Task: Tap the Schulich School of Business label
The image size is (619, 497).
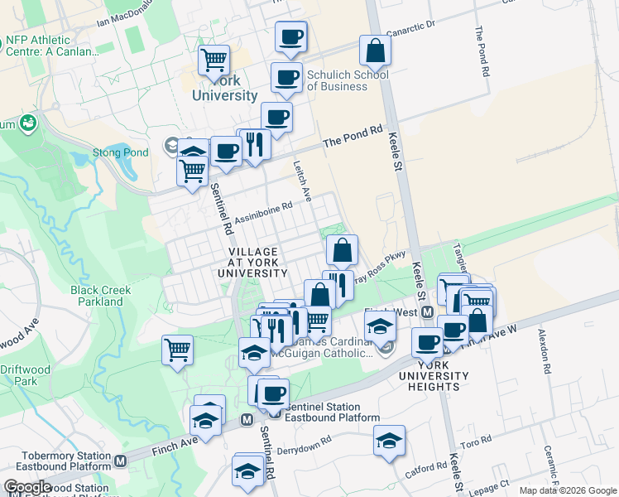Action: point(348,80)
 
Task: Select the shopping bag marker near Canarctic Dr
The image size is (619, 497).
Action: point(375,51)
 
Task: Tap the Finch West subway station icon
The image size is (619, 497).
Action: point(427,312)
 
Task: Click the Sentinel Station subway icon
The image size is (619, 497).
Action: point(247,420)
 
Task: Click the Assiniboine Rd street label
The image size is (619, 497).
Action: point(263,213)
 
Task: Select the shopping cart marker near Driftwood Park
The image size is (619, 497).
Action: point(177,350)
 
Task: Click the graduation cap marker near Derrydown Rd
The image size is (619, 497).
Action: point(389,440)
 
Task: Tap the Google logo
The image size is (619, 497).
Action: point(27,487)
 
